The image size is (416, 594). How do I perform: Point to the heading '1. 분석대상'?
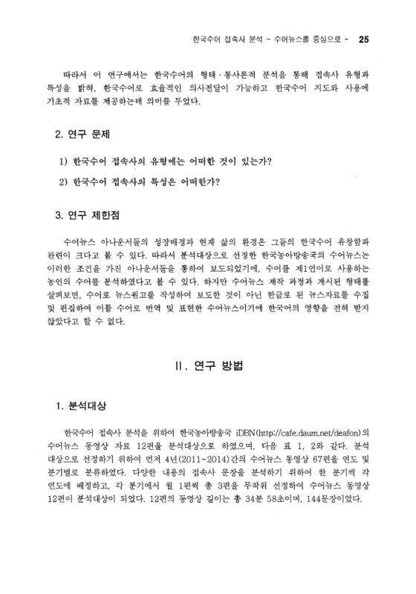pyautogui.click(x=82, y=406)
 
